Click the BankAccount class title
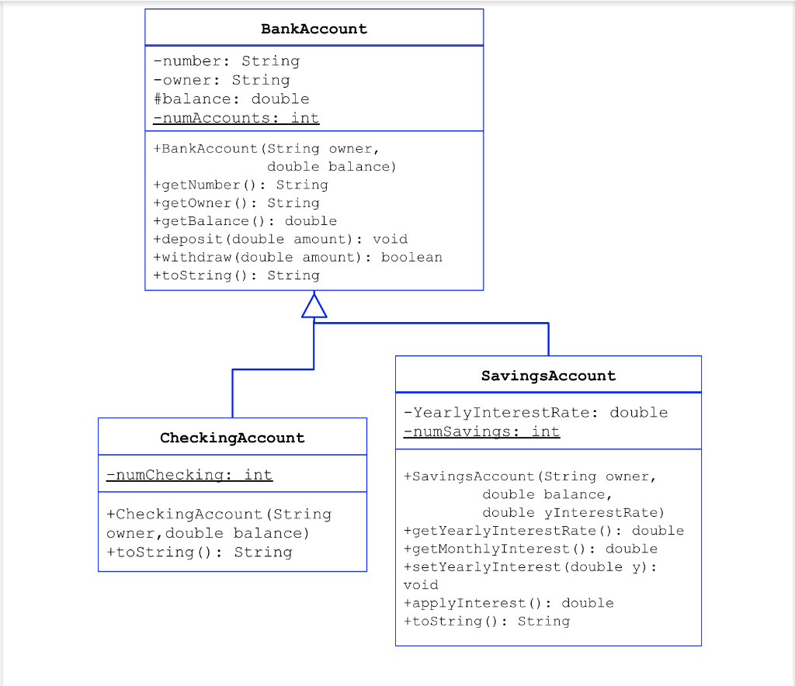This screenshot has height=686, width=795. (x=314, y=29)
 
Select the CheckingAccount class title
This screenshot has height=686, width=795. (x=232, y=438)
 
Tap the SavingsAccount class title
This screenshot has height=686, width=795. (x=548, y=376)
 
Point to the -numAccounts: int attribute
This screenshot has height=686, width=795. (x=236, y=118)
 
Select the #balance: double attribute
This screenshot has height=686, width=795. (x=231, y=99)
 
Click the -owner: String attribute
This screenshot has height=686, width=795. (x=221, y=80)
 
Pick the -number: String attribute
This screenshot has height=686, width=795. (x=226, y=61)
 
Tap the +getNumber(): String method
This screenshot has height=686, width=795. (x=241, y=185)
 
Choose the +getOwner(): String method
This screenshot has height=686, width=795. (x=236, y=203)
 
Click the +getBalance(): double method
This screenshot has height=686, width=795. (x=245, y=221)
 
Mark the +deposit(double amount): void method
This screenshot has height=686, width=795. (x=280, y=239)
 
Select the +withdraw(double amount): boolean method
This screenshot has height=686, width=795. (x=298, y=257)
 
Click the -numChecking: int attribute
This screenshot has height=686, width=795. (x=189, y=474)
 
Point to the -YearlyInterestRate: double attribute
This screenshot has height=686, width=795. (x=536, y=412)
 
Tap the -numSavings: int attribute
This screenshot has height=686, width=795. (x=481, y=431)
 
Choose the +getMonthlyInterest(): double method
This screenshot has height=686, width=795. (x=531, y=549)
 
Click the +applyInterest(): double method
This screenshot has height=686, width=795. (x=509, y=603)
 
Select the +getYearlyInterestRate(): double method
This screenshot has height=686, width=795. (x=544, y=531)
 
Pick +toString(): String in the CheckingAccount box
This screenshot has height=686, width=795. (x=200, y=552)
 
